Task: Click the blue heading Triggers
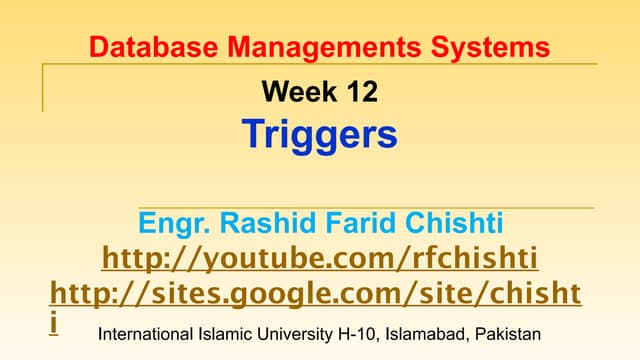click(320, 134)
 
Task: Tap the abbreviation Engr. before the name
click(171, 223)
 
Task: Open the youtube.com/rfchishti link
click(320, 259)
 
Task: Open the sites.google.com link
click(315, 295)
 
